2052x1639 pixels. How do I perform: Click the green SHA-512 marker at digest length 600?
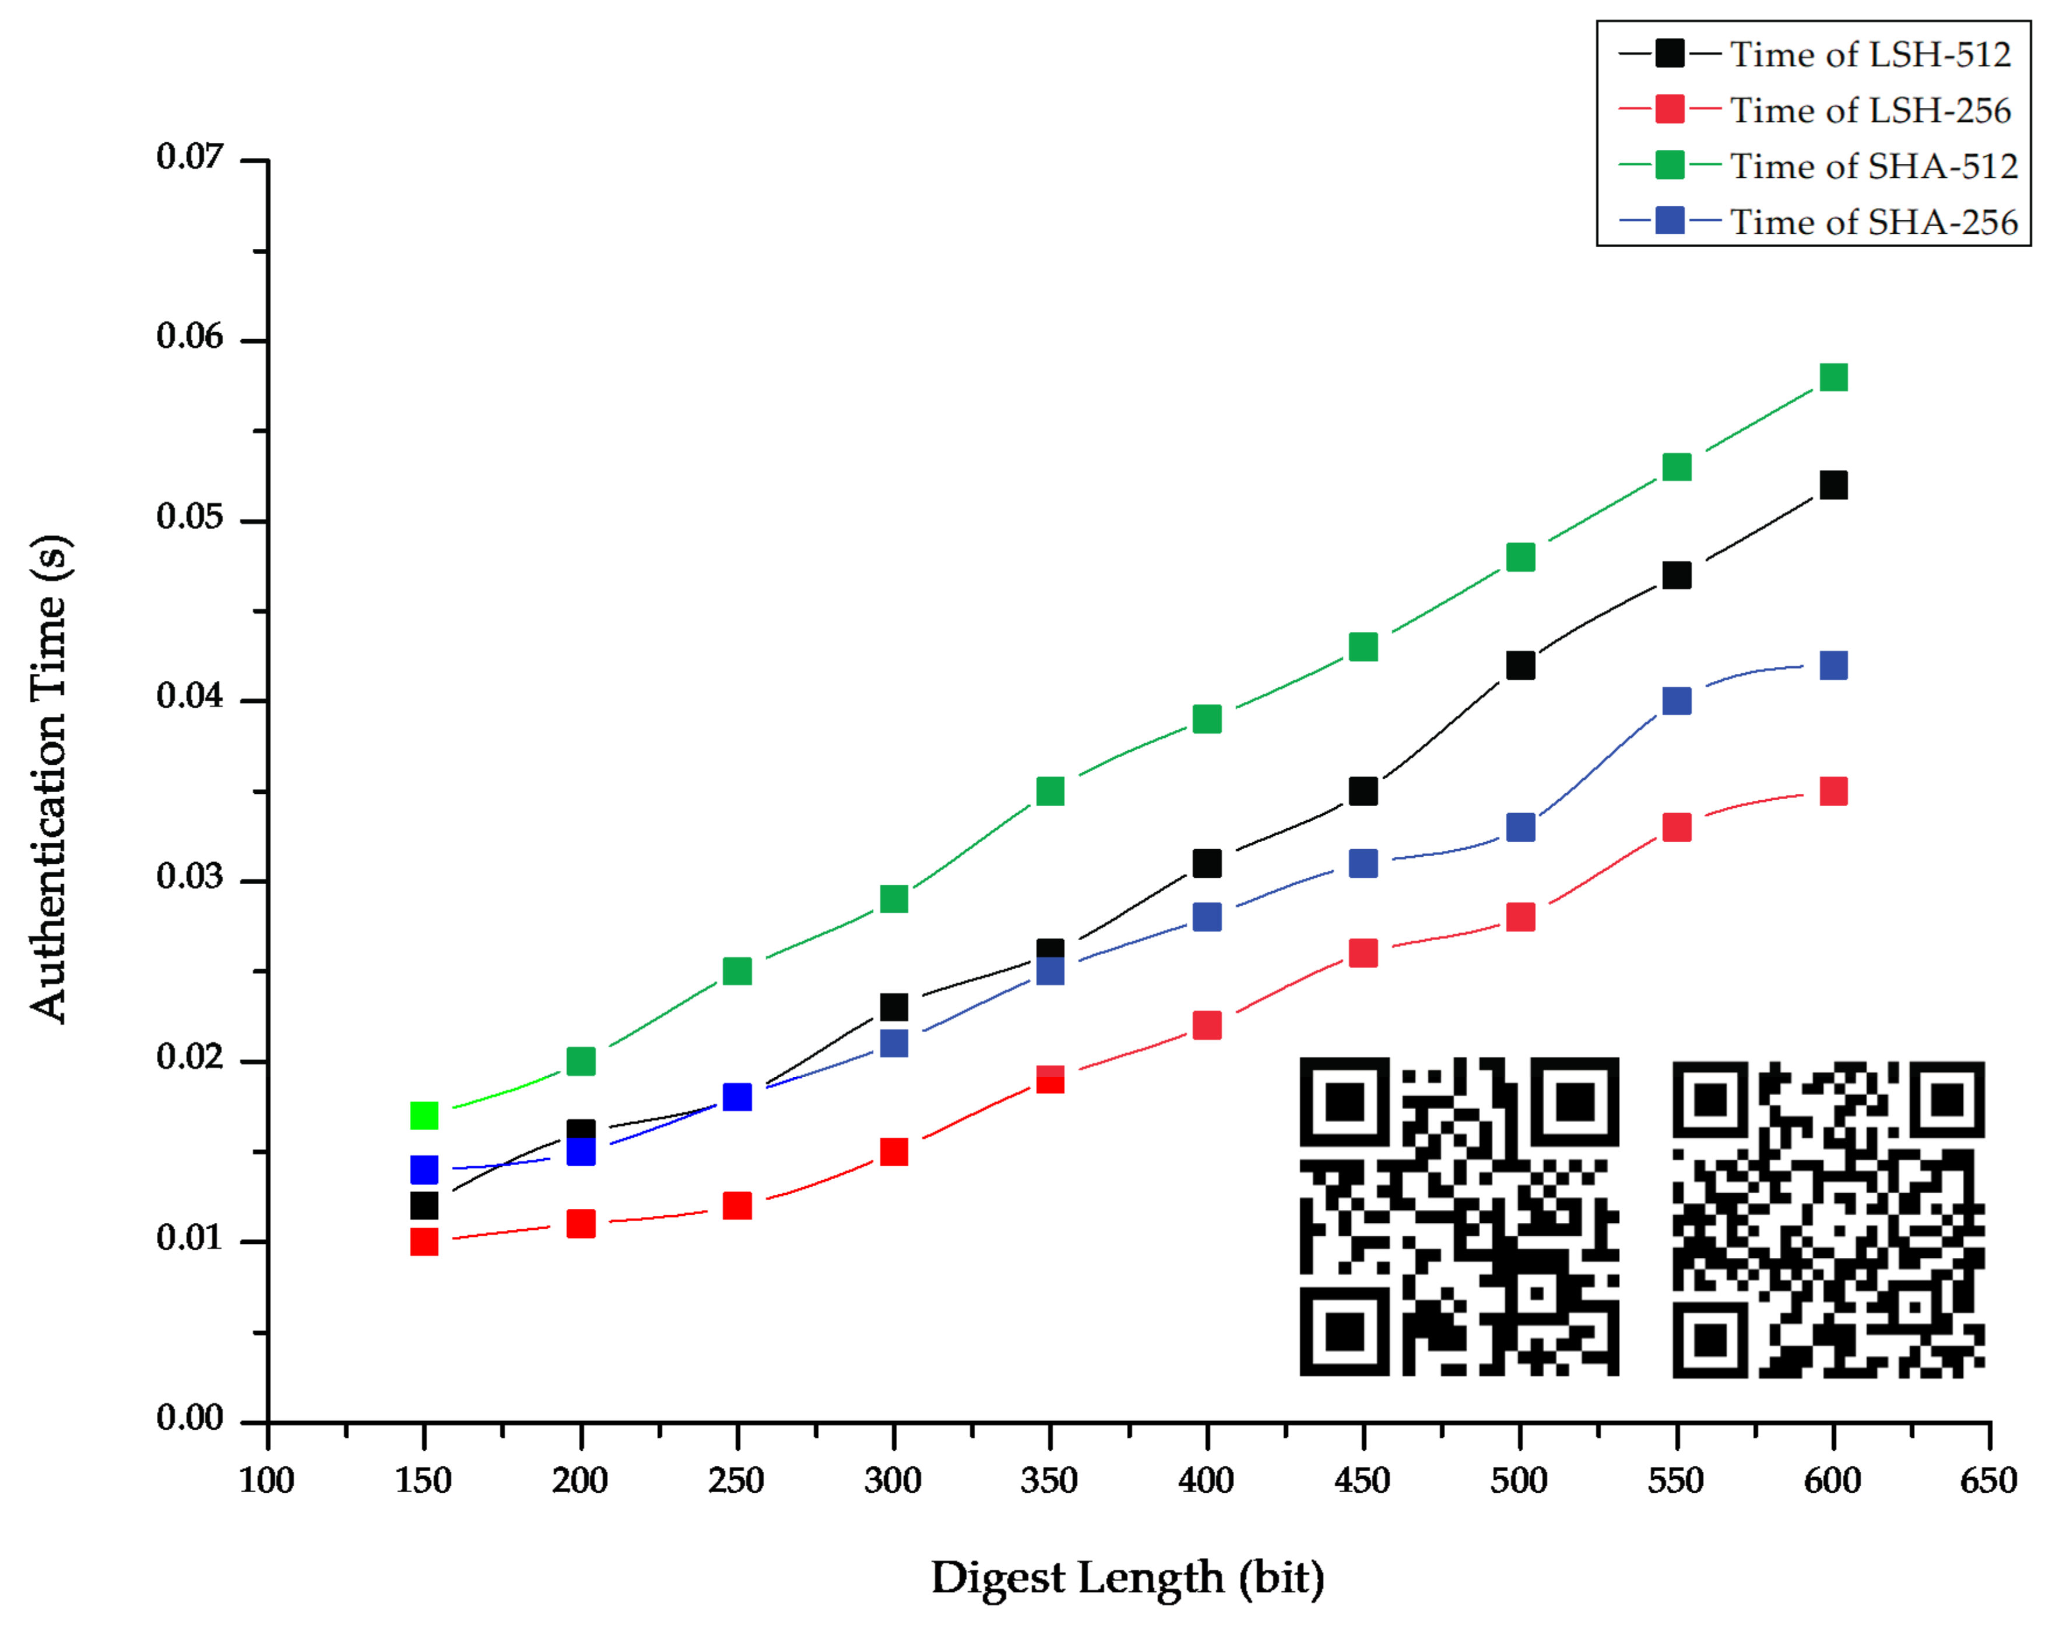point(1833,378)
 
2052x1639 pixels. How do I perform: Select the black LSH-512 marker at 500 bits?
point(1520,665)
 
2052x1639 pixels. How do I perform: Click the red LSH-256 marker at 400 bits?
point(1207,1025)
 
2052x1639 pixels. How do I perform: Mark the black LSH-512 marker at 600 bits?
point(1833,486)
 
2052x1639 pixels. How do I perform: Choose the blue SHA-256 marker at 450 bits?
point(1363,863)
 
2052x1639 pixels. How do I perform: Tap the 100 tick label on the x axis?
point(266,1481)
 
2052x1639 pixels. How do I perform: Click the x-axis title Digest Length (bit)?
point(1128,1578)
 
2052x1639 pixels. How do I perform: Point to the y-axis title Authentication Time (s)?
point(50,779)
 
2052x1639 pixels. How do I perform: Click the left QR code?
point(1459,1216)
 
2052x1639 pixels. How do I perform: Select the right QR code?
point(1828,1218)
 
